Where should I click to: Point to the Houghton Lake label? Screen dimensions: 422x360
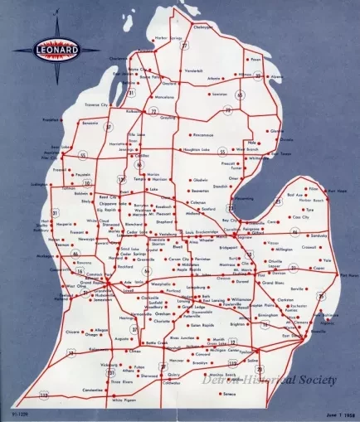pyautogui.click(x=195, y=149)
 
